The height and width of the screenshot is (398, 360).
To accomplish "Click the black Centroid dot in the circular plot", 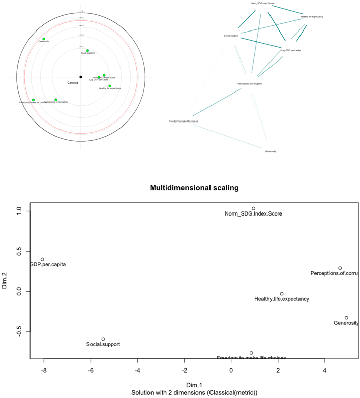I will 81,77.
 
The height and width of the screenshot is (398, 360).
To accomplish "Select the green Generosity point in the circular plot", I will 44,39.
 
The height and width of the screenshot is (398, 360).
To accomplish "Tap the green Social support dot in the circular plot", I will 87,50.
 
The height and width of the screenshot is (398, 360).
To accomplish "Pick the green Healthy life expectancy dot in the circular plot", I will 109,86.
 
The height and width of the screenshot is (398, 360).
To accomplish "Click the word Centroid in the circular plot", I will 72,82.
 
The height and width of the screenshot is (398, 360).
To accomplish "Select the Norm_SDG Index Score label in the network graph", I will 262,3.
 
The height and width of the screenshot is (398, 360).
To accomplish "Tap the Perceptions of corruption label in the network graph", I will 250,83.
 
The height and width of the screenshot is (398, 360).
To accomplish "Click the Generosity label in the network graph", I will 271,151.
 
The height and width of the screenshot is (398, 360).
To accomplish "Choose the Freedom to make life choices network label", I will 184,121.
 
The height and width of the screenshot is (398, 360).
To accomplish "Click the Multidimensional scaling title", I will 194,188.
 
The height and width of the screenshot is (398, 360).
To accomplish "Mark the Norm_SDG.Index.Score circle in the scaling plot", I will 253,208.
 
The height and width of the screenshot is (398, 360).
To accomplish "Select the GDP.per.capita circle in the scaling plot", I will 42,259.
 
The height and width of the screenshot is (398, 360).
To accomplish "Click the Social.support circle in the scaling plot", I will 103,339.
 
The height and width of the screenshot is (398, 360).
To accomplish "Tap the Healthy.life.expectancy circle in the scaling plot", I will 282,294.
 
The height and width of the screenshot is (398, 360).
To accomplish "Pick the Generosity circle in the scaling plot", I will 346,318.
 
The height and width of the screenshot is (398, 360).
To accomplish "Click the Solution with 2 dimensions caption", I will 194,393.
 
